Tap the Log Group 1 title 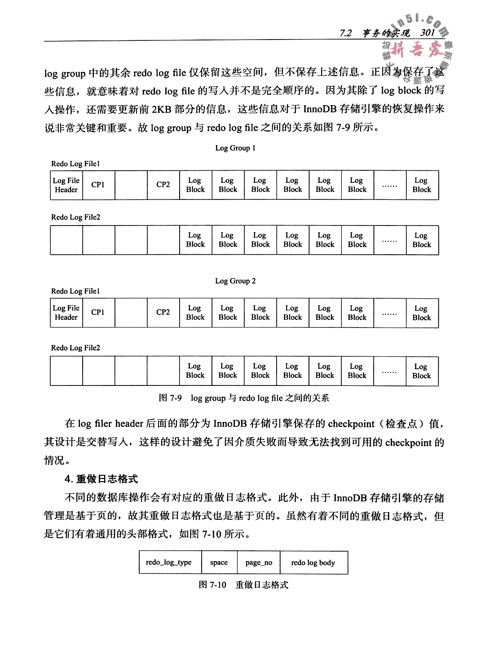coord(235,148)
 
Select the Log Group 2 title coord(235,281)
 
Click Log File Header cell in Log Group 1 coord(66,185)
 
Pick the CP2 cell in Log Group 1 coord(163,185)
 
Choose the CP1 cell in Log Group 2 coord(98,312)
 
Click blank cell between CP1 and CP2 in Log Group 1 coord(131,185)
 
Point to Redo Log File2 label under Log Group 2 coord(75,348)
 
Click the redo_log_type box coord(169,562)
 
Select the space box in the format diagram coord(219,562)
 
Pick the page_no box coord(259,562)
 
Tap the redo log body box coord(313,562)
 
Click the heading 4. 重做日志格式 coord(101,479)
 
